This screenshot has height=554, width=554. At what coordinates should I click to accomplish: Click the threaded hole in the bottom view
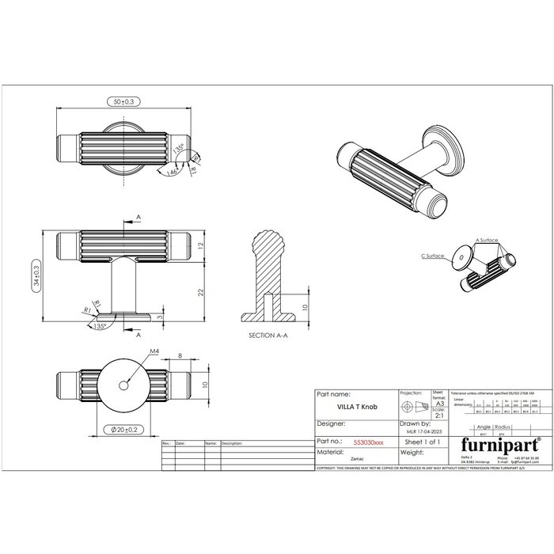tap(125, 384)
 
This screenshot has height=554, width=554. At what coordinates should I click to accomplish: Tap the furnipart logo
tap(495, 443)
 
